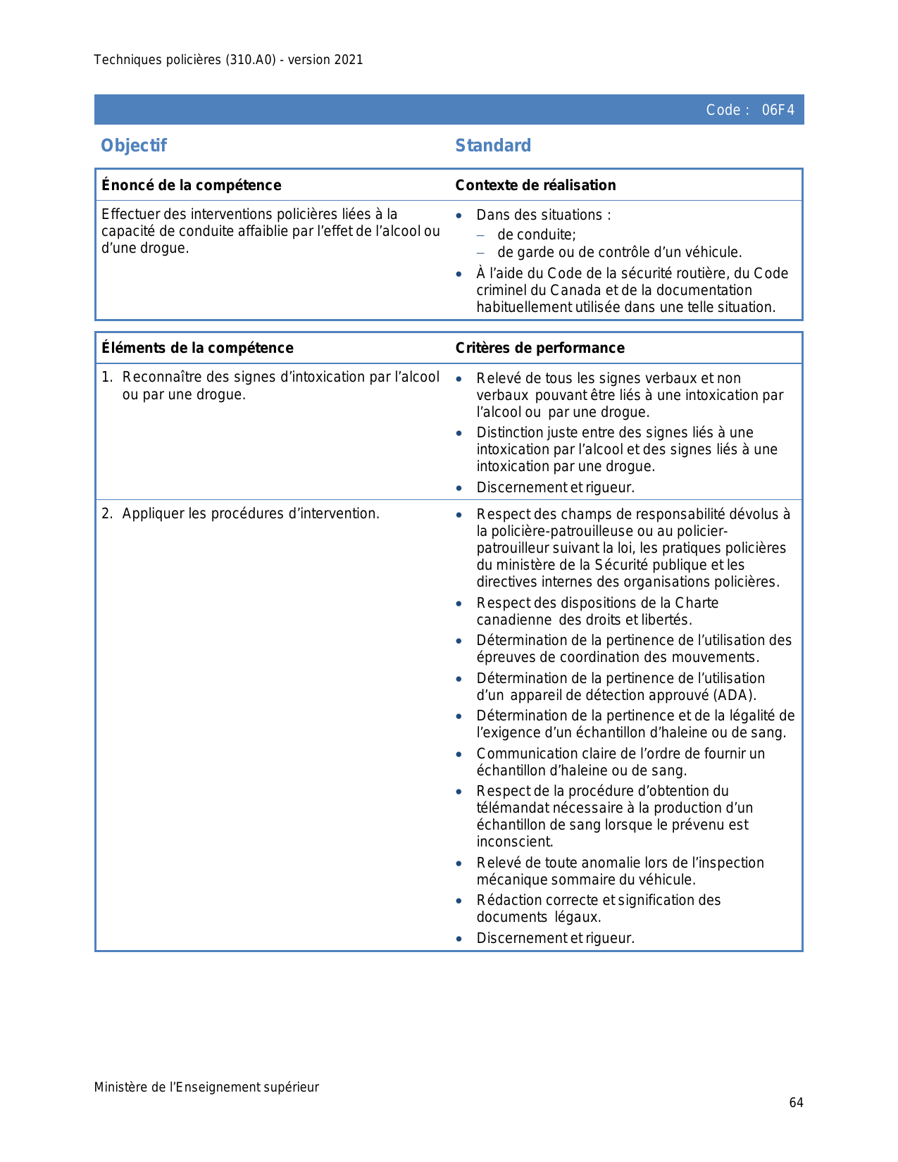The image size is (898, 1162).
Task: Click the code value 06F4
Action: tap(778, 110)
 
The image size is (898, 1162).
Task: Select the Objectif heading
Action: tap(134, 145)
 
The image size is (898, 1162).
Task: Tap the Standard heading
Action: tap(493, 145)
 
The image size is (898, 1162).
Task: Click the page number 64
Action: tap(796, 1103)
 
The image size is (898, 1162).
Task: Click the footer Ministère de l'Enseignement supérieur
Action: tap(206, 1087)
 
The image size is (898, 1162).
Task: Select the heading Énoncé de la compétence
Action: tap(191, 185)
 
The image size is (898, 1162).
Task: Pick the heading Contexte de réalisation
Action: tap(535, 185)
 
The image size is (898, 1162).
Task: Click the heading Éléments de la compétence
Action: tap(197, 348)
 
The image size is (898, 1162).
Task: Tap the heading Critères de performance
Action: tap(540, 348)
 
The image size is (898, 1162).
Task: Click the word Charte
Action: tap(697, 603)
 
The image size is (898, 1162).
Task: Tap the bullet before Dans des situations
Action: tap(459, 215)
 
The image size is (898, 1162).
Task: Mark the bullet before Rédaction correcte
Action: tap(459, 901)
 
